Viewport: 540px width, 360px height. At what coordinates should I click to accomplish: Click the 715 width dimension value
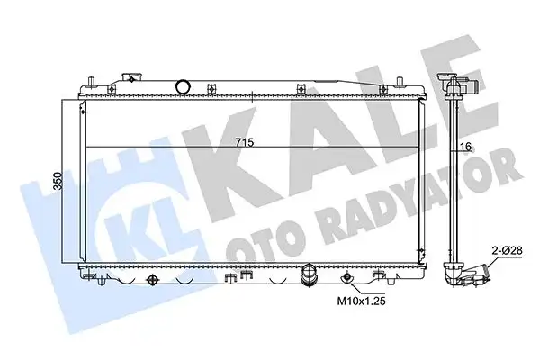245,142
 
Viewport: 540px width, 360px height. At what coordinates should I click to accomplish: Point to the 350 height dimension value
58,181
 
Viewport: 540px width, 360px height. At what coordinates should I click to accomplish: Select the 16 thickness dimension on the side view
465,147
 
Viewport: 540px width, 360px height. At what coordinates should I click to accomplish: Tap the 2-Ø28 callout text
507,250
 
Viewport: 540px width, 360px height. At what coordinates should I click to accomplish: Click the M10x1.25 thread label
361,301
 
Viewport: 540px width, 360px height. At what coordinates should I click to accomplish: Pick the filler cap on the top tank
132,77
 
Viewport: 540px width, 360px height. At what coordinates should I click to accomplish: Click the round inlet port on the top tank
182,86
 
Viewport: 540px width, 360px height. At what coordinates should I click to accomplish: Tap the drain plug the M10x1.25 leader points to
346,277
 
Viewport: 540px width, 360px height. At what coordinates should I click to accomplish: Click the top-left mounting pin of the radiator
91,82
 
